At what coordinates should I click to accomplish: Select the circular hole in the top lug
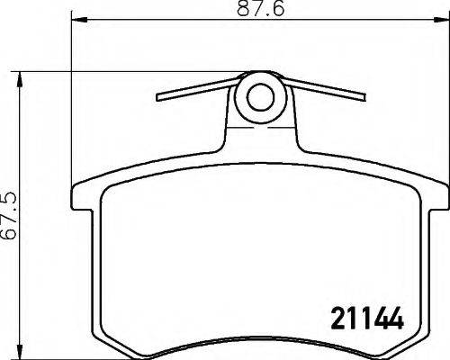pyautogui.click(x=261, y=95)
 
